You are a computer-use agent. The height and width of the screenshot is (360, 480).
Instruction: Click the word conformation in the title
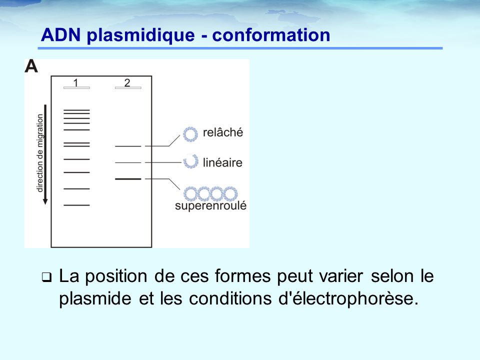[271, 35]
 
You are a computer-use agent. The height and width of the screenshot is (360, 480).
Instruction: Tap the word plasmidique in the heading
[141, 35]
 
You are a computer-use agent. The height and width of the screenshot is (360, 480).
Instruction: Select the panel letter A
[31, 66]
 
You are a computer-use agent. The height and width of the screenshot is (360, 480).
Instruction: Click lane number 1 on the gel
[75, 82]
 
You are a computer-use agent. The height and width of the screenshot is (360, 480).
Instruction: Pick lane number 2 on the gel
[127, 82]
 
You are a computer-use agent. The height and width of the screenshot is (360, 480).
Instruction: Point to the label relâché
[223, 132]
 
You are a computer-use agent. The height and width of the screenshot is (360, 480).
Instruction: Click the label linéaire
[222, 162]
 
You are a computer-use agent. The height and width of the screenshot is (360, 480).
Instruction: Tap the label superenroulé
[210, 205]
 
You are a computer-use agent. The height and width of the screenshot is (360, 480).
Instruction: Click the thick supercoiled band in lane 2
[128, 179]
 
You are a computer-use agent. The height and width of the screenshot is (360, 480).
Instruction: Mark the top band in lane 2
[128, 146]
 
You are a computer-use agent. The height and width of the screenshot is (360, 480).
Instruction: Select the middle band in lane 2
[128, 162]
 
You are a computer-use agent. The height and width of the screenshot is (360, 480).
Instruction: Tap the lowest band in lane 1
[76, 205]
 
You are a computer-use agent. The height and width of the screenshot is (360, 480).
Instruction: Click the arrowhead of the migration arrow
[45, 201]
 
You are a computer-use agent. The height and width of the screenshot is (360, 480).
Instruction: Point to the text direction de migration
[40, 153]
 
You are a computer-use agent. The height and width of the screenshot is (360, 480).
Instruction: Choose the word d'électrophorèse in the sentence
[348, 298]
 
